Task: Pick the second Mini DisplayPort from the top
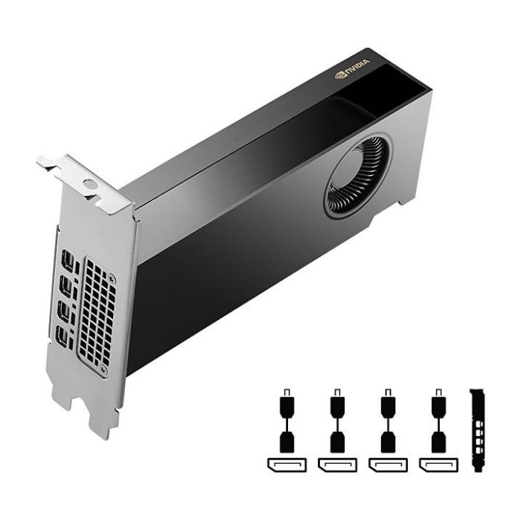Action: (66, 285)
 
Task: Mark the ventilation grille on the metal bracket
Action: (97, 316)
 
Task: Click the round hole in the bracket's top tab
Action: (89, 184)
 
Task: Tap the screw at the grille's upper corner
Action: (112, 277)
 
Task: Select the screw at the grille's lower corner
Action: (103, 368)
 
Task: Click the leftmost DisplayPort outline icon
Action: (287, 465)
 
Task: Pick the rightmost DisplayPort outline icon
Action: (438, 465)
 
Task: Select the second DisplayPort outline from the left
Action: (337, 465)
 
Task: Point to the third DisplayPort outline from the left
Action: (388, 465)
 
